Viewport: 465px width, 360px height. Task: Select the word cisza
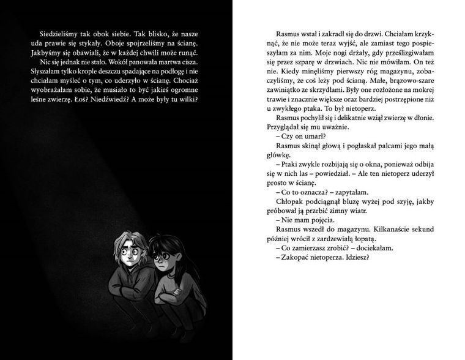[x=188, y=64]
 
